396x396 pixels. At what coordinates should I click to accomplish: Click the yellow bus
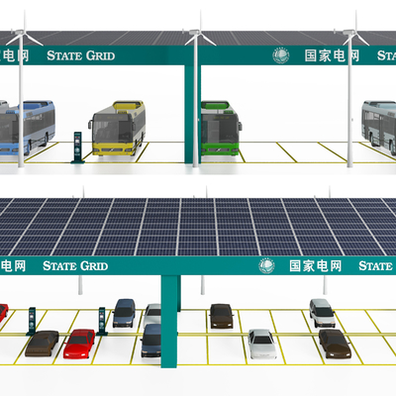[117, 128]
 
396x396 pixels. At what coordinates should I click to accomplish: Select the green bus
[221, 128]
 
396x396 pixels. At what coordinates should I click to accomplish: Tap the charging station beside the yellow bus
[77, 148]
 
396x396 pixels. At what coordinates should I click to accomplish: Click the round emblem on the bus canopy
[281, 55]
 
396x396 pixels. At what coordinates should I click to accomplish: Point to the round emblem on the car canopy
[266, 265]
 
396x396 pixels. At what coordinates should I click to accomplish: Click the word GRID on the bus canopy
[101, 55]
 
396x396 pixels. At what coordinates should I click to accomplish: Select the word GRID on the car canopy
[94, 266]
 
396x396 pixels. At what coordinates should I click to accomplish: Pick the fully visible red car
[79, 344]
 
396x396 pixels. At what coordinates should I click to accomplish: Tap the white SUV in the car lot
[322, 313]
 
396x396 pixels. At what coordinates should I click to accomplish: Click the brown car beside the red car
[42, 344]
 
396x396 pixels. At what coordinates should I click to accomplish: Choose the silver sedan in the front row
[262, 344]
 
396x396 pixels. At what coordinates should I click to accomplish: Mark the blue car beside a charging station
[124, 313]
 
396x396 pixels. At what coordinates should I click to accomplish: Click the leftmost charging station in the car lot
[32, 321]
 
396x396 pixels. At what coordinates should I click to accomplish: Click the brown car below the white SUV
[335, 344]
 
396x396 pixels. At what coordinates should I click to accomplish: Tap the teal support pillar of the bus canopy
[191, 114]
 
